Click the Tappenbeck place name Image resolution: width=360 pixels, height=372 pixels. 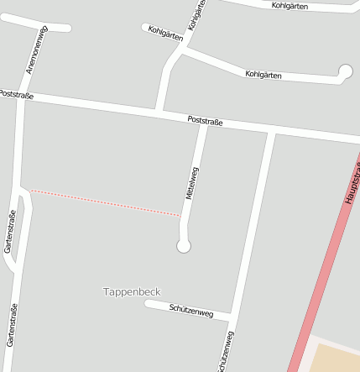click(x=131, y=291)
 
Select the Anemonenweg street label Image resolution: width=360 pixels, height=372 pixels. click(x=38, y=50)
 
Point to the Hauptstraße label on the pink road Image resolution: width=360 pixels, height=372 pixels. click(x=351, y=180)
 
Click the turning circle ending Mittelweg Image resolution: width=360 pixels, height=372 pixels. click(x=184, y=245)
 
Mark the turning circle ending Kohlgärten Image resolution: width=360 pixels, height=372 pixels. click(x=345, y=71)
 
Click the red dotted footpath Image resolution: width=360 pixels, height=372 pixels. click(x=105, y=203)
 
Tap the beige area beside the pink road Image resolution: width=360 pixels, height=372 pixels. click(x=336, y=357)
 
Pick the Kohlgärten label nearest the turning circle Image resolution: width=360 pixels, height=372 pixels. click(x=263, y=75)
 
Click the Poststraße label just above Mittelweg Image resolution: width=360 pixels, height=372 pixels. click(x=205, y=123)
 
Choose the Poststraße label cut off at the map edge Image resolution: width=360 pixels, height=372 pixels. click(x=16, y=96)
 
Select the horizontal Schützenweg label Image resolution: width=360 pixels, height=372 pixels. click(x=191, y=312)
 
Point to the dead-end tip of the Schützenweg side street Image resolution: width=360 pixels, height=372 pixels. click(x=148, y=303)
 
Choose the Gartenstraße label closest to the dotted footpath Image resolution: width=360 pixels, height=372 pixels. click(x=11, y=232)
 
